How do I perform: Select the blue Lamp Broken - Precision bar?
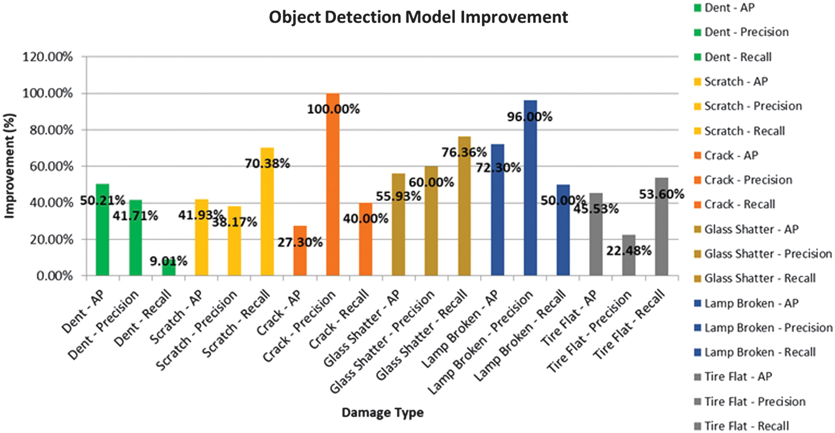click(530, 192)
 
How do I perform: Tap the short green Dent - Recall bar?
click(169, 269)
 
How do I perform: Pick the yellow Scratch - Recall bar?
click(267, 214)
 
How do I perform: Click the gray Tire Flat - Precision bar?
click(628, 260)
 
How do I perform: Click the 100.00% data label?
click(333, 109)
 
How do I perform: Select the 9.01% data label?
click(168, 261)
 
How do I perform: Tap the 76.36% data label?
click(464, 152)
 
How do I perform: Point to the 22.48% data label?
click(629, 251)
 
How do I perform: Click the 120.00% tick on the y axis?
click(47, 57)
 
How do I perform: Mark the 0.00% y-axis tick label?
click(54, 276)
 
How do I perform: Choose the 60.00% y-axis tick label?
click(51, 167)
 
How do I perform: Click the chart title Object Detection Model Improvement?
click(418, 18)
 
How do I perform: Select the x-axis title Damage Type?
click(382, 413)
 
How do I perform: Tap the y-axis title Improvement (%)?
click(10, 166)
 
